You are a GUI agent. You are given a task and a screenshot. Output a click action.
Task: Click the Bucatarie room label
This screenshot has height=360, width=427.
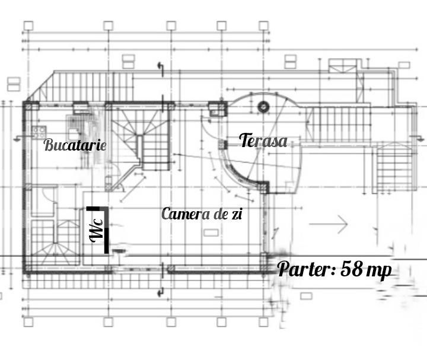75,145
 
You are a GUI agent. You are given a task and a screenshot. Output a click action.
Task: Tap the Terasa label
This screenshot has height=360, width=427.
263,140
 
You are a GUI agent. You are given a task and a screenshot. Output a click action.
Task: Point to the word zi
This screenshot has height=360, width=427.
237,214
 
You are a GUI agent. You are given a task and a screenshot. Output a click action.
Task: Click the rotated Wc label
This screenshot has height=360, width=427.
97,231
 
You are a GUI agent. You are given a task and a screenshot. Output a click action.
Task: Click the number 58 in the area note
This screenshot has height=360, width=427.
352,269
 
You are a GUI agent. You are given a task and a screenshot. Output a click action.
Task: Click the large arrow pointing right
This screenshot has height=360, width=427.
329,224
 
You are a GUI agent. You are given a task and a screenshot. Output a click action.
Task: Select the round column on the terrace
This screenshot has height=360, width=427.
263,107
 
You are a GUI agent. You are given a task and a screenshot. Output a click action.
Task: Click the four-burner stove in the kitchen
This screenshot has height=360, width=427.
39,132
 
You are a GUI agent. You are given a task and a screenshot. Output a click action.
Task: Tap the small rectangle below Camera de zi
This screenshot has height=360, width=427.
211,232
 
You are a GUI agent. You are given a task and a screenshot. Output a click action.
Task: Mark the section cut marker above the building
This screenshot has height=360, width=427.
161,69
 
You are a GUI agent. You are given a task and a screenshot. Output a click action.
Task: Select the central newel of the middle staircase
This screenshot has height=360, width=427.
140,148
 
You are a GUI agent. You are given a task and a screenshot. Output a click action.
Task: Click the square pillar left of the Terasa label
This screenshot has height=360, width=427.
223,145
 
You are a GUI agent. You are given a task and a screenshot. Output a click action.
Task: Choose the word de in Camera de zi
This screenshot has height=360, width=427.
220,214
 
